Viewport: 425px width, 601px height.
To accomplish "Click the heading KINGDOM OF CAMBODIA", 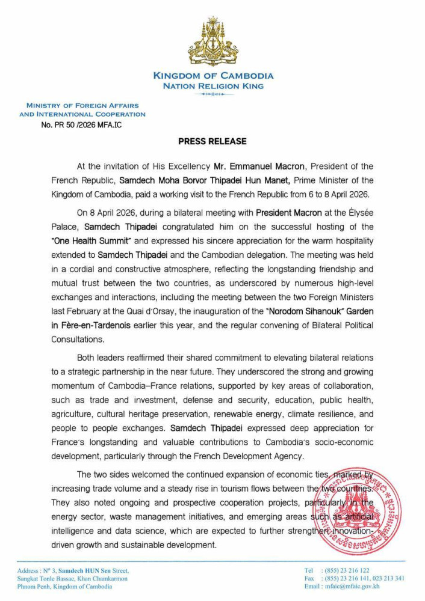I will click(213, 76).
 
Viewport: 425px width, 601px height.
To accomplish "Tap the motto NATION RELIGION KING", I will click(213, 86).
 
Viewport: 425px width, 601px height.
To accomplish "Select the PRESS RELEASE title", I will click(212, 141).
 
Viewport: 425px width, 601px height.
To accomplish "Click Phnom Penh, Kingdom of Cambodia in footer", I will click(65, 587).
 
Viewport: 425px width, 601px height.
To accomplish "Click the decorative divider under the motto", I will click(213, 94).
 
